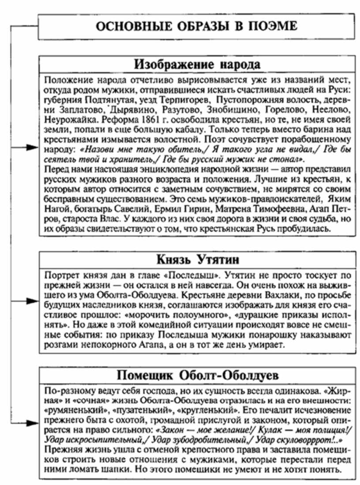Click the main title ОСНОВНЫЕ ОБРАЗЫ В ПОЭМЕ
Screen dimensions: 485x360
pyautogui.click(x=197, y=26)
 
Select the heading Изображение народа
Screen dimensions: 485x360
pyautogui.click(x=197, y=64)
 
